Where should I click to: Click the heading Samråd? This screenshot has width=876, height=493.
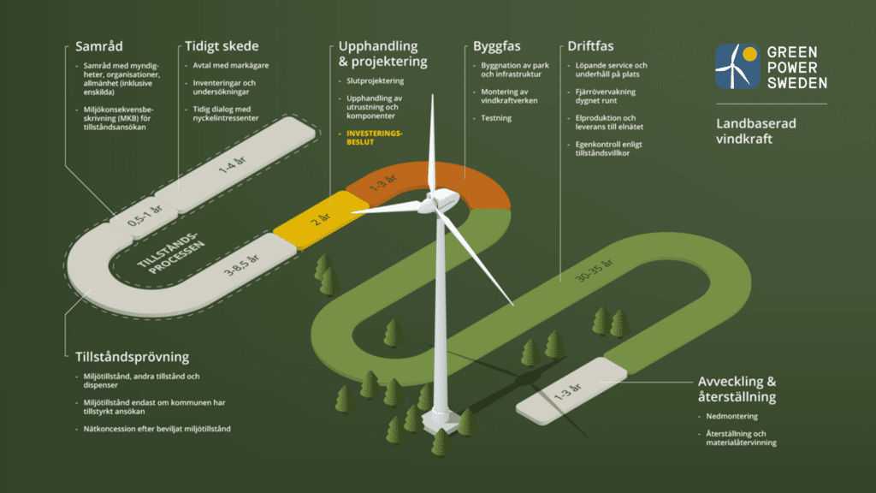[99, 46]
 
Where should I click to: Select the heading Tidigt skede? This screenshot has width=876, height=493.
[222, 46]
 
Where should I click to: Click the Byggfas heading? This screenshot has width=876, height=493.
[497, 47]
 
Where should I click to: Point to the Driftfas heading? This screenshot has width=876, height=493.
[590, 46]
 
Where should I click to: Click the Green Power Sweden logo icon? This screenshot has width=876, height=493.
[737, 67]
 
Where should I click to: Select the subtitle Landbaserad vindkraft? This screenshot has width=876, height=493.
[756, 131]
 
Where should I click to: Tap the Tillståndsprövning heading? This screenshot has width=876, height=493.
[133, 357]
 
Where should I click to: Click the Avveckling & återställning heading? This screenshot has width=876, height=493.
[737, 389]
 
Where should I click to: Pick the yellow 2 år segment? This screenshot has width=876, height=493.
[320, 219]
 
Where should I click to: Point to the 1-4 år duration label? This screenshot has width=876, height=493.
[232, 164]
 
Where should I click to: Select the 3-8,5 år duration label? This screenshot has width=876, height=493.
[241, 265]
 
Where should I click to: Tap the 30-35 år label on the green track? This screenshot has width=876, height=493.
[595, 270]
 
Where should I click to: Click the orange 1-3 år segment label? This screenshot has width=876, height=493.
[383, 183]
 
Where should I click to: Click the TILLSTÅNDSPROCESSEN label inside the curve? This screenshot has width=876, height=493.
[171, 252]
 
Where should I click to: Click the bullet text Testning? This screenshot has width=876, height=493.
[496, 118]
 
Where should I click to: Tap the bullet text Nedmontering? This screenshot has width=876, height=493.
[732, 417]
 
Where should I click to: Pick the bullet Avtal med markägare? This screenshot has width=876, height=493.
[231, 65]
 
